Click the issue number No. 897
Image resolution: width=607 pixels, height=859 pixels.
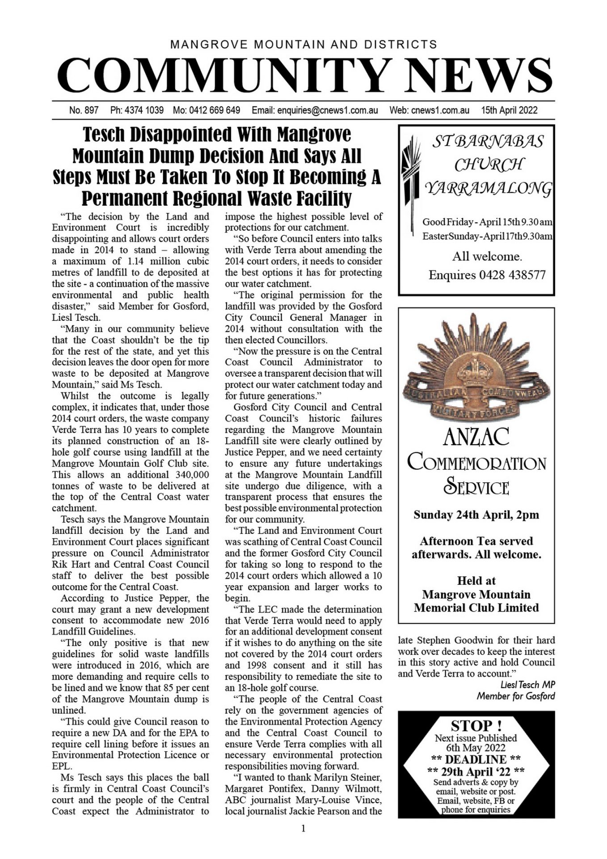84,110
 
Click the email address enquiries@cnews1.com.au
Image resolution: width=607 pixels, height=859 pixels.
328,110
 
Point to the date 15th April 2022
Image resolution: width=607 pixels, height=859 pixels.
509,110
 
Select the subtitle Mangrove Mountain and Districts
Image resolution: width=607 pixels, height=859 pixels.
303,45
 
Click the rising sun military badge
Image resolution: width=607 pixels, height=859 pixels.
476,371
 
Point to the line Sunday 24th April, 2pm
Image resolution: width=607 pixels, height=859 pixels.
476,515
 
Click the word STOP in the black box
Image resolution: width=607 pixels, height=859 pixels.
472,725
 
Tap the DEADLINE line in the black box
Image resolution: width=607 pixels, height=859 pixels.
476,759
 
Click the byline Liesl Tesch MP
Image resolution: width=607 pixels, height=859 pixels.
528,685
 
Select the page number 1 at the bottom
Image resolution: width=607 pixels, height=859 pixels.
303,829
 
